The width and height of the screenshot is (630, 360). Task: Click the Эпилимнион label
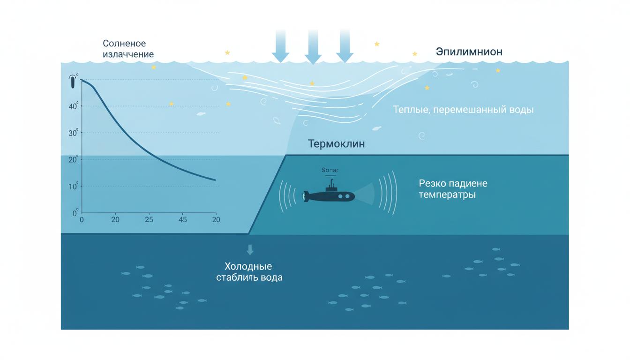469,52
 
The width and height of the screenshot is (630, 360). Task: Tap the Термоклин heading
336,144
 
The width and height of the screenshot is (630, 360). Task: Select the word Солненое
124,44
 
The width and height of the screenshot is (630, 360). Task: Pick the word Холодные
248,266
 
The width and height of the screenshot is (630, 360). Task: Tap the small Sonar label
330,170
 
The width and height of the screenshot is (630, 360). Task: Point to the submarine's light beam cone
366,194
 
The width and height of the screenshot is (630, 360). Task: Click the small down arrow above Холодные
250,249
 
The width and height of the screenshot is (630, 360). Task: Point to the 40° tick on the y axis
74,106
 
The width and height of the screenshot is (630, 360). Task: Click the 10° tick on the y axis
74,187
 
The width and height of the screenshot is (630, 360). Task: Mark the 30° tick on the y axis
74,133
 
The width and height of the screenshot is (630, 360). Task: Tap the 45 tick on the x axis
183,219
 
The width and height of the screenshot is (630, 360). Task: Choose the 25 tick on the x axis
149,219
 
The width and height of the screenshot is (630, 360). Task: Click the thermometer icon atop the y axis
73,82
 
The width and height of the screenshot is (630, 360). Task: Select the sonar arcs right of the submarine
390,193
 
